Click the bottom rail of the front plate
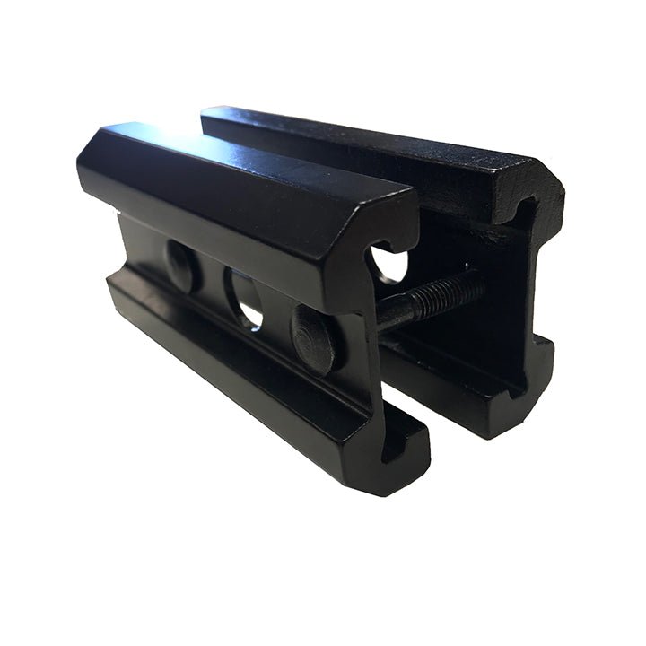pyautogui.click(x=251, y=377)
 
